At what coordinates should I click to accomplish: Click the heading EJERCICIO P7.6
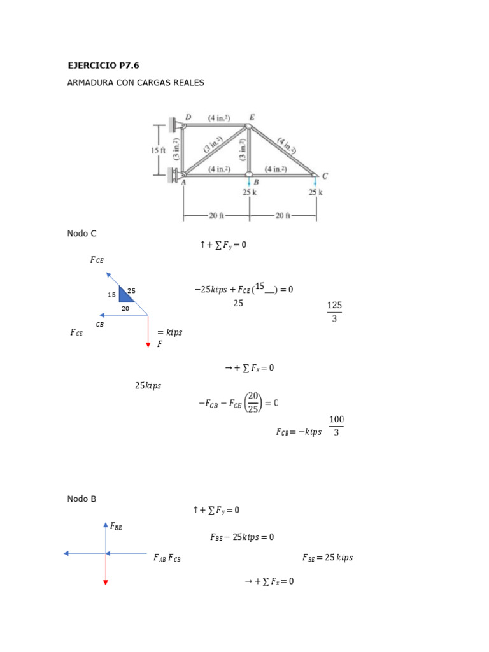(103, 65)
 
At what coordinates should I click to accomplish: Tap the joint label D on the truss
(188, 117)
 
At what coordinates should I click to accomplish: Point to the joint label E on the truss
(252, 117)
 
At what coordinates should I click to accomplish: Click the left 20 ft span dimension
(216, 215)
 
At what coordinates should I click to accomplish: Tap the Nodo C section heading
(81, 234)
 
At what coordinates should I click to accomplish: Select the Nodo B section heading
(81, 499)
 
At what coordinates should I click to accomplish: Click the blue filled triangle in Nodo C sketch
(125, 295)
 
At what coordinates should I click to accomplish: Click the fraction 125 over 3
(334, 311)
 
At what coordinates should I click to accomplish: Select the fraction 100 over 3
(336, 426)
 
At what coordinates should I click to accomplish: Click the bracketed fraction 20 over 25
(253, 402)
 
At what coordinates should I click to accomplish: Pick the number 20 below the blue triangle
(125, 308)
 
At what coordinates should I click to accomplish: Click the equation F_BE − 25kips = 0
(242, 537)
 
